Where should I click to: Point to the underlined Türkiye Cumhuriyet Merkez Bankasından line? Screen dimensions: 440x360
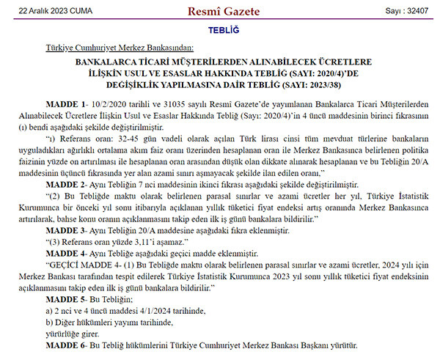(x=120, y=47)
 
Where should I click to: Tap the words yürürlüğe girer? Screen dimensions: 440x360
(x=74, y=334)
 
